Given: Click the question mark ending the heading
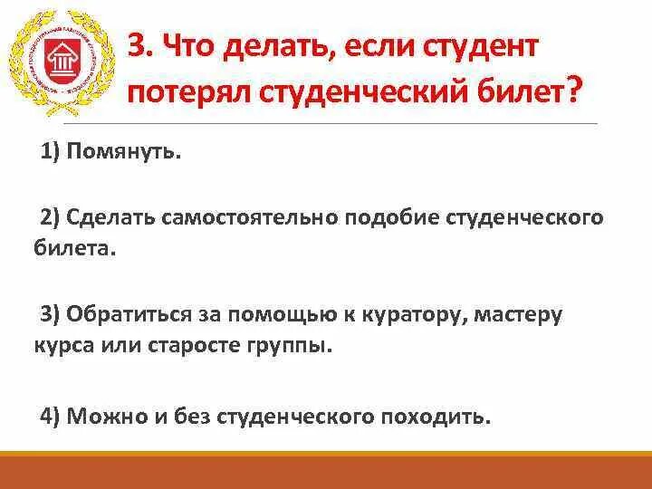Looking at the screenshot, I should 573,91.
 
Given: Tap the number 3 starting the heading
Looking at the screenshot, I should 136,46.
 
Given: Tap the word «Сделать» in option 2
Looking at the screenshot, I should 110,219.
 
